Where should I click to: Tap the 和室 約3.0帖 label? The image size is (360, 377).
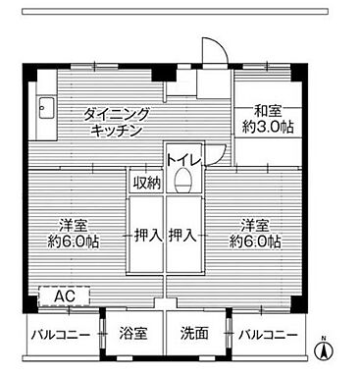click(267, 119)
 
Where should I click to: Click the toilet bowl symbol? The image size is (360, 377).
click(181, 180)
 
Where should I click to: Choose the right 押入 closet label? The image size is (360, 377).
click(182, 236)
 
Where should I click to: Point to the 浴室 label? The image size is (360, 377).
click(133, 334)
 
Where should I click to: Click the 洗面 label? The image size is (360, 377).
click(194, 334)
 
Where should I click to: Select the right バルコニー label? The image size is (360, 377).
click(267, 334)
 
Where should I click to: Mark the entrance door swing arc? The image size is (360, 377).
click(210, 51)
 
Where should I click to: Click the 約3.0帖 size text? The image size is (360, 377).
click(267, 127)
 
